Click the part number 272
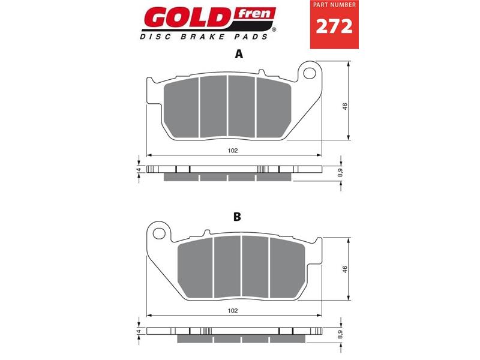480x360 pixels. [334, 26]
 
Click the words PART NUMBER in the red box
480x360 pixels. [334, 5]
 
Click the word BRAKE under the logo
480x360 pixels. [203, 37]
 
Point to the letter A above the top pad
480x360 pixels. [239, 54]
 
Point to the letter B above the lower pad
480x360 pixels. [237, 217]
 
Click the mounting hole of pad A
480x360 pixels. [310, 73]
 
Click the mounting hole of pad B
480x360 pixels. [159, 233]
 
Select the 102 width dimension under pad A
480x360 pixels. [233, 151]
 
